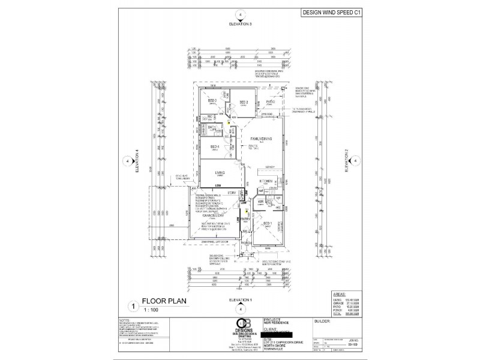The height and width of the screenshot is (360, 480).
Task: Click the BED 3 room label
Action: (212, 101)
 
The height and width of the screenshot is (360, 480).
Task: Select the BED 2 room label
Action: (244, 103)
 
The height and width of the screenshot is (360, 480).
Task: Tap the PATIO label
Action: (270, 102)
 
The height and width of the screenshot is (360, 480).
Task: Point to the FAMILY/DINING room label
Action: (261, 138)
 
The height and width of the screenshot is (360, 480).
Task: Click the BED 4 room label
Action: (213, 146)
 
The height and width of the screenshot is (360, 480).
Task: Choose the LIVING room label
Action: (220, 172)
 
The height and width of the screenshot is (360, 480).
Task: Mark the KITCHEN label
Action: (266, 181)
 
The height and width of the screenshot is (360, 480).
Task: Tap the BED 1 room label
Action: (268, 223)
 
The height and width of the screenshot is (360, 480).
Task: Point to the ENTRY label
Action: (244, 219)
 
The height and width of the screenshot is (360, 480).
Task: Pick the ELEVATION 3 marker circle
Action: (240, 14)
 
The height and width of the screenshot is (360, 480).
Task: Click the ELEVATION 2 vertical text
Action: (346, 161)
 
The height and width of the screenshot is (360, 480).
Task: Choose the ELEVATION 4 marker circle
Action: (127, 161)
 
